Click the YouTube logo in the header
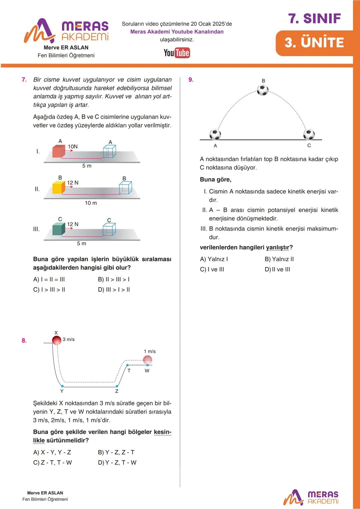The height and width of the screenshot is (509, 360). [x=177, y=53]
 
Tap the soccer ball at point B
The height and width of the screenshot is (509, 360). [x=263, y=90]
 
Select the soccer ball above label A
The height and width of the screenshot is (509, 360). [x=215, y=135]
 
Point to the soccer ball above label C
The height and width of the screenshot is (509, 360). [x=309, y=135]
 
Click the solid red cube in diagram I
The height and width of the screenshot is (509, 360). [x=59, y=151]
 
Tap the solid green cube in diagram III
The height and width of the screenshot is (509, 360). [x=58, y=229]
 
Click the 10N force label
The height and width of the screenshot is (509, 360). [x=73, y=147]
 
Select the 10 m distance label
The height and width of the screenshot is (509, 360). [x=91, y=203]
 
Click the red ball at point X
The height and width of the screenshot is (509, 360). [x=57, y=340]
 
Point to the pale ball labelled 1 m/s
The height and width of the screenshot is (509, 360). [x=147, y=360]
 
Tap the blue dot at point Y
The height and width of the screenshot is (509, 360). [x=62, y=386]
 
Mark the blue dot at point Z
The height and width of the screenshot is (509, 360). [x=117, y=386]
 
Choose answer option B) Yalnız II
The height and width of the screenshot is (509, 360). [x=279, y=259]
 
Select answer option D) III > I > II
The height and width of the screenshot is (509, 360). [x=114, y=290]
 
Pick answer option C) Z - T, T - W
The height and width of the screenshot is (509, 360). [x=52, y=462]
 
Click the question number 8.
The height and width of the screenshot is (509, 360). [x=24, y=340]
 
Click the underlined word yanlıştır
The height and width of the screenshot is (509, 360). [x=277, y=247]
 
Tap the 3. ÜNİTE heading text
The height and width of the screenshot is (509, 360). [x=314, y=43]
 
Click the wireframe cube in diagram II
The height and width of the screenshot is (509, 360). [x=125, y=188]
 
